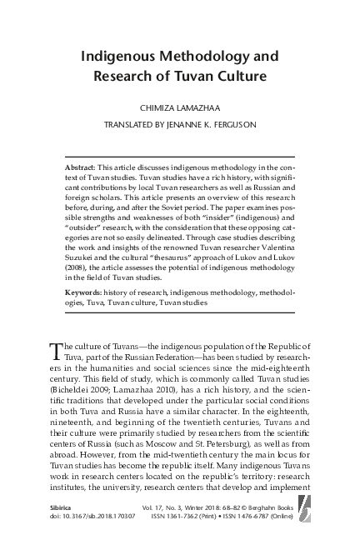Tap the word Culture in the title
(x=239, y=79)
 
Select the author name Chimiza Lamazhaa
(x=179, y=108)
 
